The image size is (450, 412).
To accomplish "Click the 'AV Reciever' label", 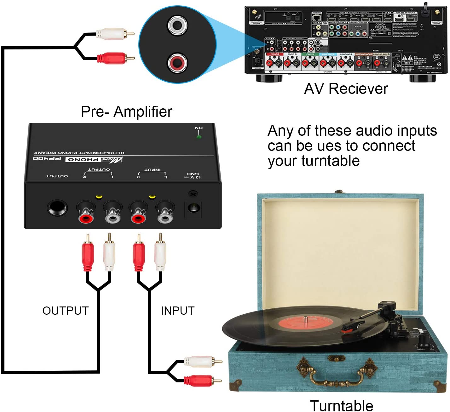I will pos(346,89).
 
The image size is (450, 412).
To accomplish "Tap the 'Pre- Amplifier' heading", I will pos(126,112).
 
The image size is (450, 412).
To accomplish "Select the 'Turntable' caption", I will pos(341,405).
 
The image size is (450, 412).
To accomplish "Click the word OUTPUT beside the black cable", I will pos(65,311).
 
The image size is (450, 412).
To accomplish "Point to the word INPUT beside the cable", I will pos(177,311).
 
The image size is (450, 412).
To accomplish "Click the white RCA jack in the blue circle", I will pos(177,25).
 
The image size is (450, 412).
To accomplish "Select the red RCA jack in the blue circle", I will pos(177,63).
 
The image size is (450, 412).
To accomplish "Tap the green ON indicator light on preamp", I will pos(199,137).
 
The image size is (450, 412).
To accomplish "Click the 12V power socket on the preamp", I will pos(193,208).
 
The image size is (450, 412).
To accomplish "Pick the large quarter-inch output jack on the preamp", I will pos(57,208).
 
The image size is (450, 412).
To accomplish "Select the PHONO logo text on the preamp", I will pos(83,159).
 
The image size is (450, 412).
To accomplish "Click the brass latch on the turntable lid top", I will pos(339,192).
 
